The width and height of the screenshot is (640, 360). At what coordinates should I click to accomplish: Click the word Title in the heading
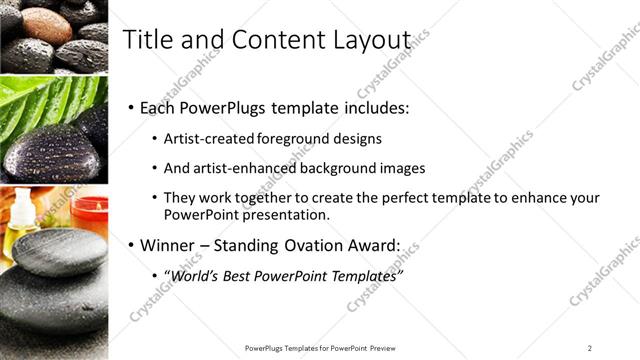pyautogui.click(x=145, y=39)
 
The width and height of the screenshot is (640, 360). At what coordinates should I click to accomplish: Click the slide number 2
pyautogui.click(x=590, y=347)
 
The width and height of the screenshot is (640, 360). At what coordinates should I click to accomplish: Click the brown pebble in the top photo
pyautogui.click(x=45, y=25)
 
